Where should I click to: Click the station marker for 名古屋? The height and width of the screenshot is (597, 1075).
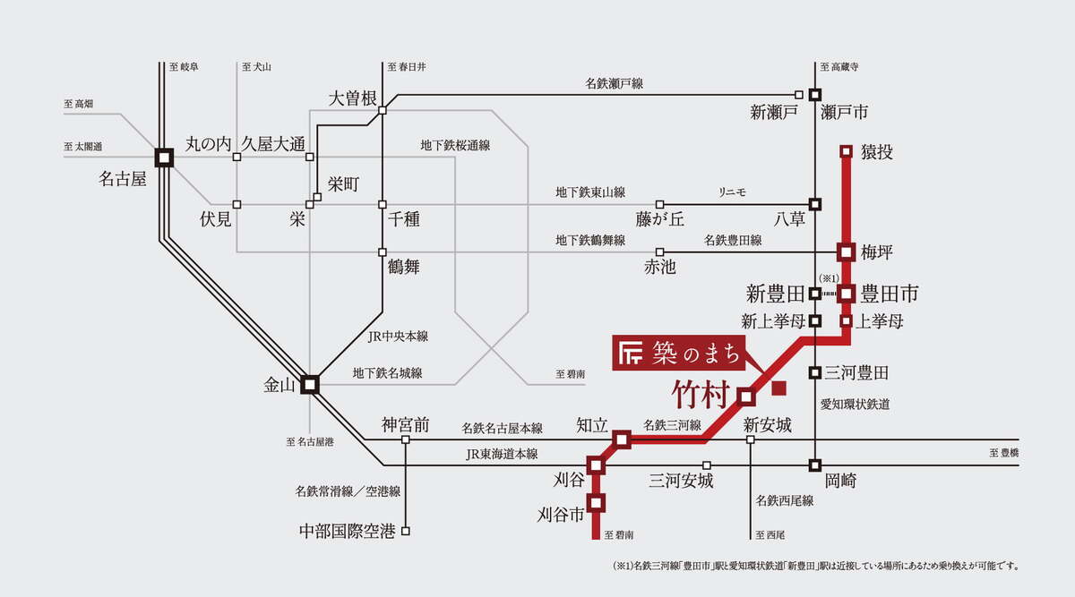click(x=163, y=158)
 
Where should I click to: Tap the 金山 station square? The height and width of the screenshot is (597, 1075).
click(x=310, y=384)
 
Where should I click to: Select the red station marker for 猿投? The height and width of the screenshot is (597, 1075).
click(x=846, y=151)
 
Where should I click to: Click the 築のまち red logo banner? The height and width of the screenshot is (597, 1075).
click(x=679, y=354)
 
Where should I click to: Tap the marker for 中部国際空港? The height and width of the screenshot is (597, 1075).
click(x=406, y=531)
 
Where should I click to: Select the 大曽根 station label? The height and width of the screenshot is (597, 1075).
click(x=352, y=98)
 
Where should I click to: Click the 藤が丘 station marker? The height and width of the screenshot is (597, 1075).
click(x=659, y=204)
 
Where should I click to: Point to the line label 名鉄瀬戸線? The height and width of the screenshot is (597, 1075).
click(x=614, y=83)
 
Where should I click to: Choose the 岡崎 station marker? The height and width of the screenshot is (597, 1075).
click(x=815, y=465)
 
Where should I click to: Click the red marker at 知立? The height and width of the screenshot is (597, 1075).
click(x=623, y=439)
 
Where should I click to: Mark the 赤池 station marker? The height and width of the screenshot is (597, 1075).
click(x=659, y=252)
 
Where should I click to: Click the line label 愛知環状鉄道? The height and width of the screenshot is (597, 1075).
click(x=856, y=405)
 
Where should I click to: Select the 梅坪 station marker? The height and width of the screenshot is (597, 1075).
click(x=846, y=252)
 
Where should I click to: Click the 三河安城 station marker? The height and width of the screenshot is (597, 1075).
click(x=707, y=465)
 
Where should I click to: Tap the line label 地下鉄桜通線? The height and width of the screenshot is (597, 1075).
click(x=460, y=144)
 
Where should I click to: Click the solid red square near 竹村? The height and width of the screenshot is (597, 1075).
click(x=778, y=388)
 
